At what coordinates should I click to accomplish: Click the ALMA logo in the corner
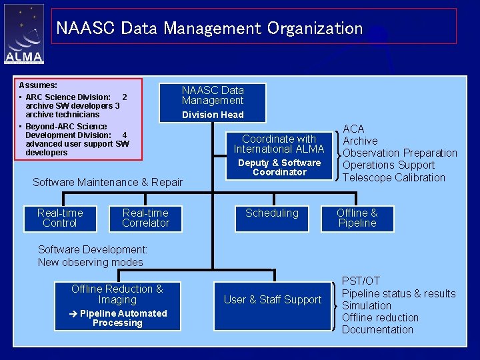24,35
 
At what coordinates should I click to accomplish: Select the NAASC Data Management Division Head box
213,102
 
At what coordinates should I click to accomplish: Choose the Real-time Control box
60,218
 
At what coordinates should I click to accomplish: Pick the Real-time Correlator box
145,218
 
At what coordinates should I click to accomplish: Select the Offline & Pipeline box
357,218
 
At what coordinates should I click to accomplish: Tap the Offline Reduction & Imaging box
117,305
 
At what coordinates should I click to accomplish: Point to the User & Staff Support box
272,300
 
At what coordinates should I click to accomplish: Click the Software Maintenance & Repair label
107,182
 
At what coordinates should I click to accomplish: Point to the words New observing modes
91,262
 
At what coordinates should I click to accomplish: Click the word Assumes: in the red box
38,85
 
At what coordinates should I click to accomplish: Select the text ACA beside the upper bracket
353,129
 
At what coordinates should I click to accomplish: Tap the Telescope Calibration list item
393,177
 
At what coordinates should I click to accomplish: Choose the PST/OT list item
361,281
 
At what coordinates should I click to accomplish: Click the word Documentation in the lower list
377,329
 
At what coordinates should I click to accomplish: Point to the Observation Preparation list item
399,153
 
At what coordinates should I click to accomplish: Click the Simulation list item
366,305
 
